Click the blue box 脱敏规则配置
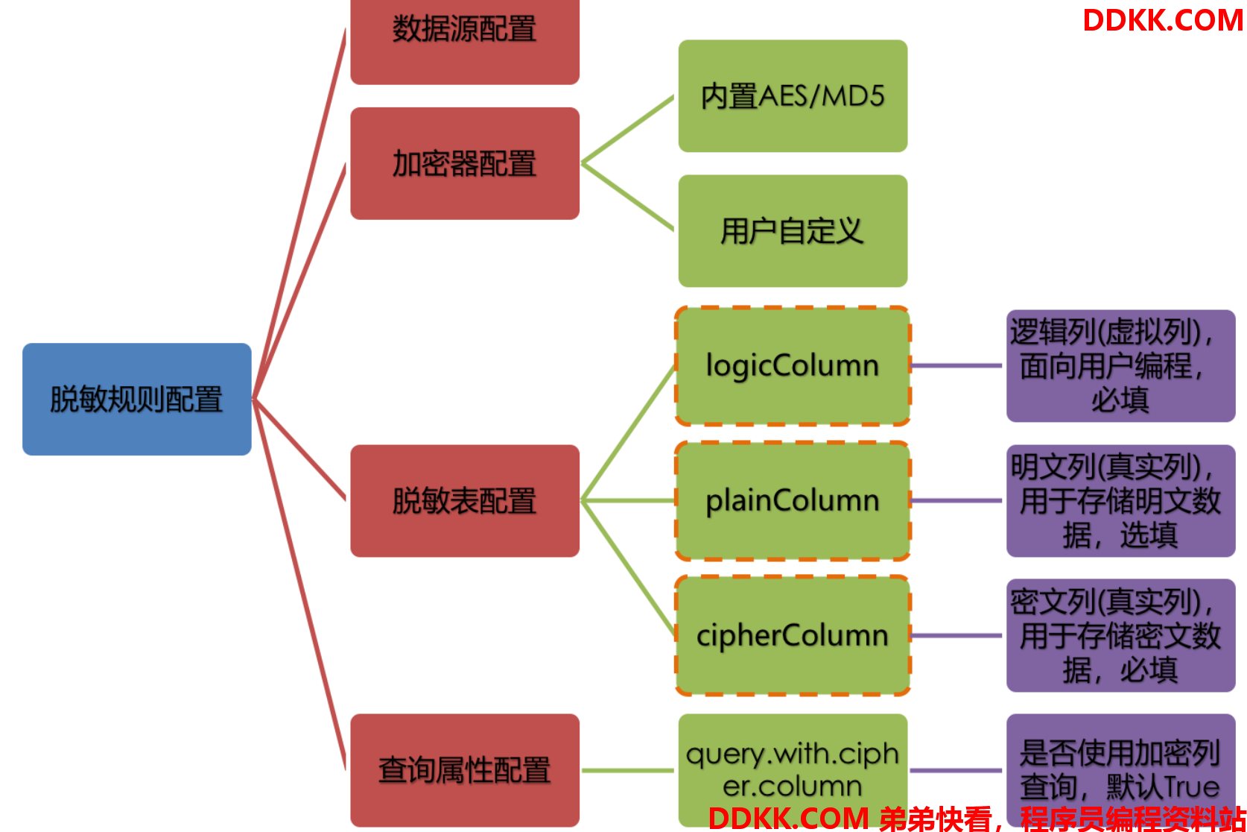[137, 399]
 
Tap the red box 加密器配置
[465, 163]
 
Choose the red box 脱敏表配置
[465, 500]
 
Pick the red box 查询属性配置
[465, 770]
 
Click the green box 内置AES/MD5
[793, 96]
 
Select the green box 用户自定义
[793, 230]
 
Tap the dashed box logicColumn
[793, 365]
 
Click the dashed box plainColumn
[793, 500]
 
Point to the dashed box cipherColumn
[793, 635]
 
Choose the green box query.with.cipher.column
[793, 770]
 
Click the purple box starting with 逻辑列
[1120, 365]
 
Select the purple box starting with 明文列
[1120, 500]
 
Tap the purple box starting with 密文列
[1120, 635]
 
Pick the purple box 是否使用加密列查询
[1120, 770]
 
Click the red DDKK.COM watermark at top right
[1163, 20]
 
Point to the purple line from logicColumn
[956, 365]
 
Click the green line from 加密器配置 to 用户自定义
[627, 196]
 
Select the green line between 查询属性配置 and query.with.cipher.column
[627, 770]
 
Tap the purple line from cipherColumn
[956, 635]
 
